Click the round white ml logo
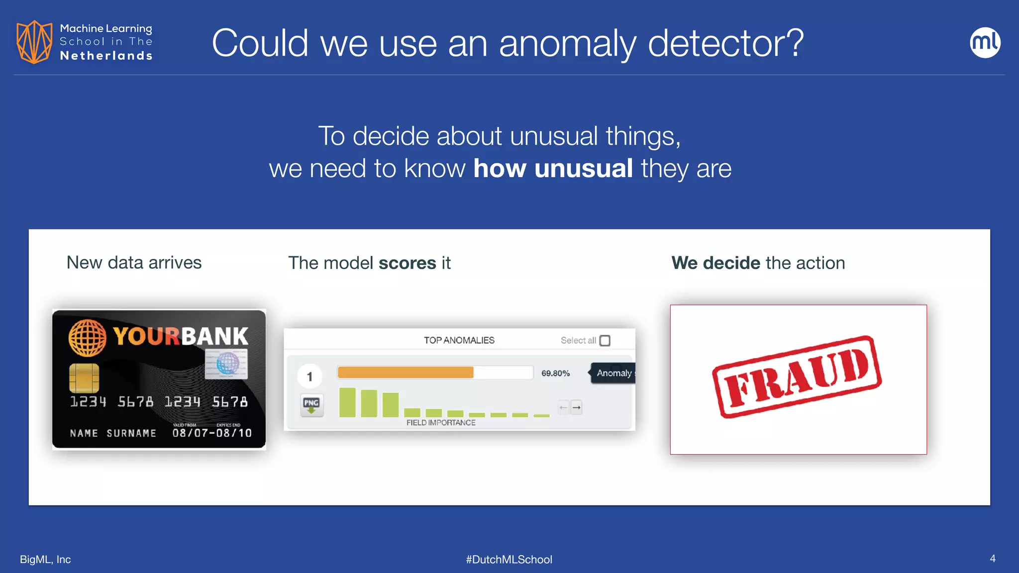tap(985, 43)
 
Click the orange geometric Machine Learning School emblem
tap(34, 42)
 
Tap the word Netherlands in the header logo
tap(106, 56)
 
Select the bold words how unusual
tap(553, 168)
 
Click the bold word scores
tap(407, 263)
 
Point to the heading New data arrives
tap(134, 262)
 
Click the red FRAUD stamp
tap(796, 377)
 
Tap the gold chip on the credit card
tap(84, 378)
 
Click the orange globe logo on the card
tap(87, 337)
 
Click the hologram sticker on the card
tap(226, 364)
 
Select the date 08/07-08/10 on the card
tap(212, 433)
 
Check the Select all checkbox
tap(605, 341)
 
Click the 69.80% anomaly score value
tap(555, 373)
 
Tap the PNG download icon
tap(311, 405)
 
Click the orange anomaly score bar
tap(405, 373)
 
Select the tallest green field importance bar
tap(347, 402)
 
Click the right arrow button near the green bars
tap(576, 407)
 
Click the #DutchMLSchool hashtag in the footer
tap(509, 559)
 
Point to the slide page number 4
tap(992, 559)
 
